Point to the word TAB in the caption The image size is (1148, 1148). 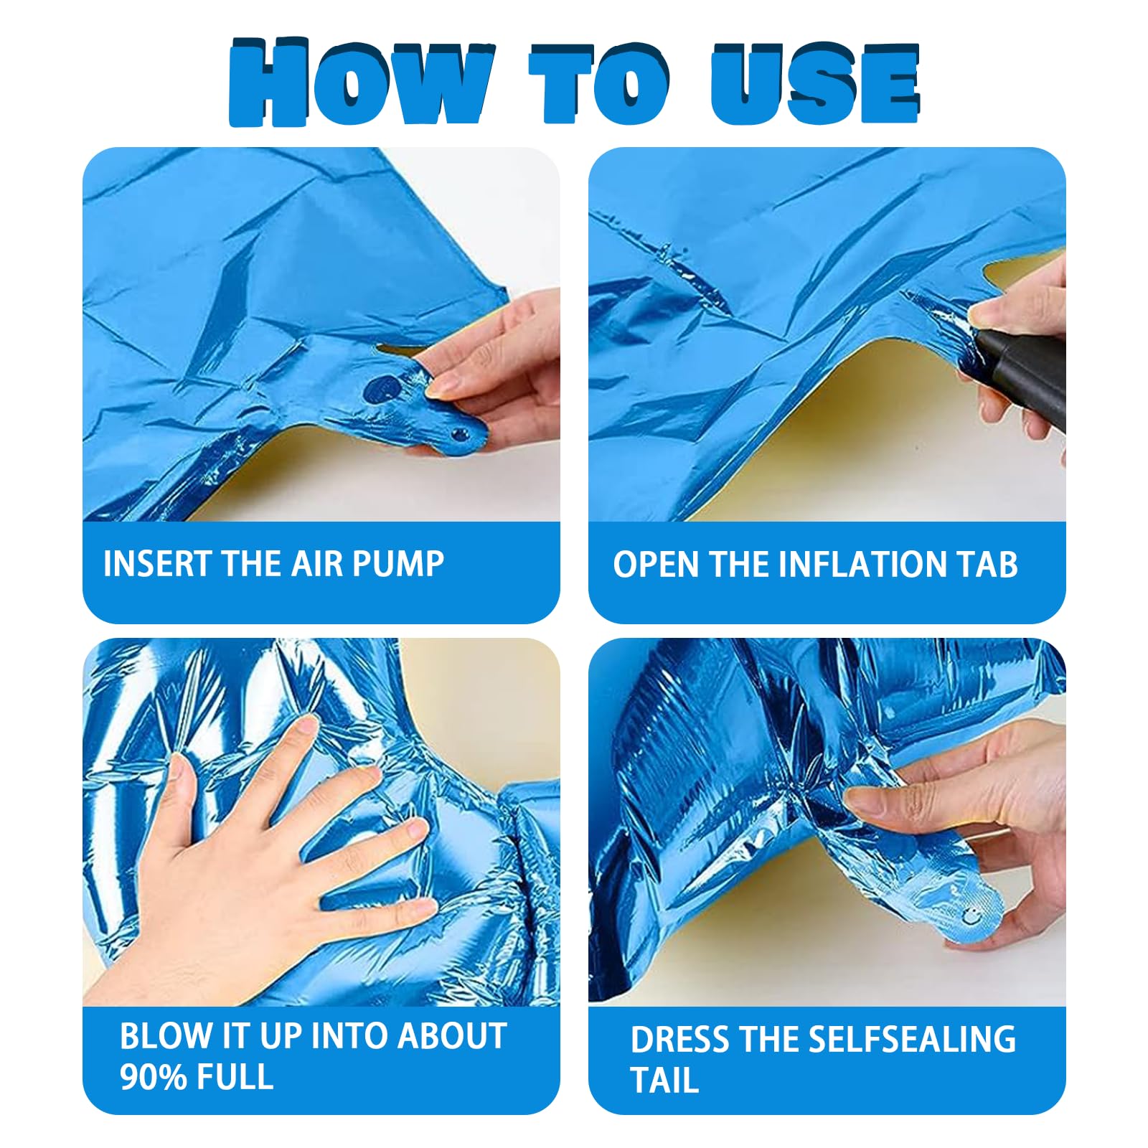click(989, 565)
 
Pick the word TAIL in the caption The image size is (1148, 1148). click(664, 1081)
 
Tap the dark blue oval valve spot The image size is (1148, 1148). click(382, 388)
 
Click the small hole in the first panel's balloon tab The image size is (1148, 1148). click(459, 434)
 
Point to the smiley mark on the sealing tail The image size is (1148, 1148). click(970, 916)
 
